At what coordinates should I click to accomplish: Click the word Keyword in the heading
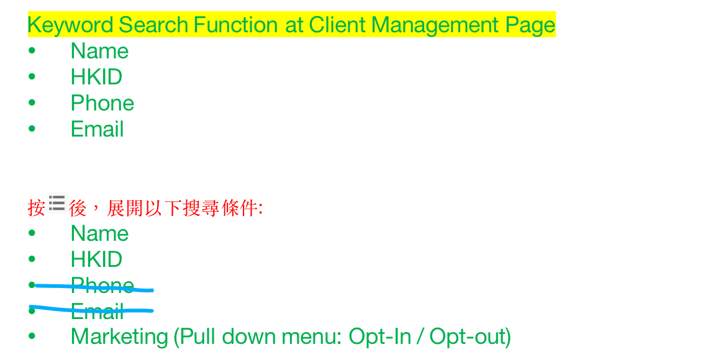point(70,25)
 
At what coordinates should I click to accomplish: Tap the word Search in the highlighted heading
point(153,25)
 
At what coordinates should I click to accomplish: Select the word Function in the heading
point(235,25)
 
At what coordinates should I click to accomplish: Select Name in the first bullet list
point(99,51)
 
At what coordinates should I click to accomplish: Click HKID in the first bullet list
point(96,77)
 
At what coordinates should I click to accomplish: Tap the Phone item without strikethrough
point(102,103)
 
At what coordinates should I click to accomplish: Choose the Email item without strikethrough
point(98,129)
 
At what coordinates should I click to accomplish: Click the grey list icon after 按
point(57,203)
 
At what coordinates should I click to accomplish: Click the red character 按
point(37,208)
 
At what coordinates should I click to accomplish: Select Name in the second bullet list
point(99,233)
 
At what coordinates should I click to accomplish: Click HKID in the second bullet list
point(96,259)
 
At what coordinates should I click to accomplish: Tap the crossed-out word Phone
point(102,286)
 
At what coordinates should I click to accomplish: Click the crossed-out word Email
point(98,312)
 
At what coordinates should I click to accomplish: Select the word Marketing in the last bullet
point(120,338)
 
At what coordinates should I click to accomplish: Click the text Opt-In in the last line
point(379,338)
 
